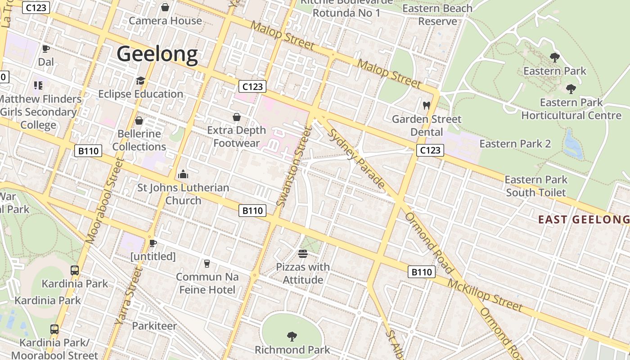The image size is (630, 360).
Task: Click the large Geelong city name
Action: tap(157, 54)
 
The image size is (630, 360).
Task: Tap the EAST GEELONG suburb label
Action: tap(584, 220)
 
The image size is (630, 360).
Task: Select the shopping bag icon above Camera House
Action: tap(165, 7)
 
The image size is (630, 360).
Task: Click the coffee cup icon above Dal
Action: tap(45, 49)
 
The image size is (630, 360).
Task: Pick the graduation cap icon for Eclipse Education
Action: tap(140, 81)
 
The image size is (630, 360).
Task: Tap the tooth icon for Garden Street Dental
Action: tap(427, 105)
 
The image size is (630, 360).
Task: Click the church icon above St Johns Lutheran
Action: tap(183, 174)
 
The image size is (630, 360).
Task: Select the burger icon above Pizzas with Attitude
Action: tap(302, 254)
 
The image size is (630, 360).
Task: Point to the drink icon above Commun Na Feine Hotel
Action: tap(207, 263)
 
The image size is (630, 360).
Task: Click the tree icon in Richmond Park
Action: tap(292, 336)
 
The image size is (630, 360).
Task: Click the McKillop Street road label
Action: tap(485, 295)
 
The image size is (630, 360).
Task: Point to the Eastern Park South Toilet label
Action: tap(536, 186)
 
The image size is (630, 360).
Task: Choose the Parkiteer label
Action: tap(154, 326)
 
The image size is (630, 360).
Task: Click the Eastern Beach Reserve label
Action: tap(437, 14)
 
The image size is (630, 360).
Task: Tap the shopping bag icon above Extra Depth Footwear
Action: tap(237, 117)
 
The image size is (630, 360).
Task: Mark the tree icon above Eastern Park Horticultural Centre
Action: tap(571, 89)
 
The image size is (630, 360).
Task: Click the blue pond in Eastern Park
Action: tap(573, 145)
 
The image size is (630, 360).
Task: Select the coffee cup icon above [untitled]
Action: tap(153, 243)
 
